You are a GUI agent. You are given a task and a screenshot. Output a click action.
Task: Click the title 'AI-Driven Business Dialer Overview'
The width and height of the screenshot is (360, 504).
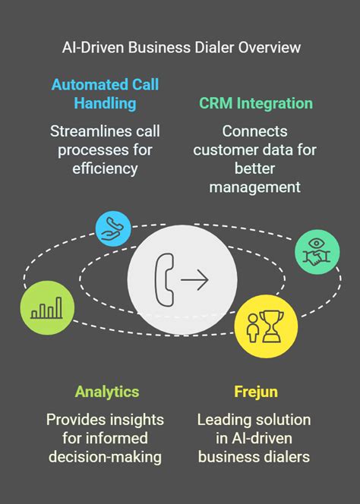182,48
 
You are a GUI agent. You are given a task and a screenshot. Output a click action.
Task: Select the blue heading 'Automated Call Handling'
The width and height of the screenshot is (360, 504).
106,94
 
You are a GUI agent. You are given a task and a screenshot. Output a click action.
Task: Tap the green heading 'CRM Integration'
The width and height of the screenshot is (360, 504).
256,103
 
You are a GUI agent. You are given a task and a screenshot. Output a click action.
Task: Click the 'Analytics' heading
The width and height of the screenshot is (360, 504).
107,392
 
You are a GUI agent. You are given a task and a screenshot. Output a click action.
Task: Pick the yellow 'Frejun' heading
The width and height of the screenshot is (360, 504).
256,392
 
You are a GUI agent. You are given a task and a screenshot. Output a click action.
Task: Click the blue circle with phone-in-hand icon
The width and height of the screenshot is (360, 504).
113,229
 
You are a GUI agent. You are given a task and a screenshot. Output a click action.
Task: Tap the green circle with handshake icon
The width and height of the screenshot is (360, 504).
317,252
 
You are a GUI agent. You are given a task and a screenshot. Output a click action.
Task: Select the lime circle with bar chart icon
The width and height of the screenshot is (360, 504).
47,308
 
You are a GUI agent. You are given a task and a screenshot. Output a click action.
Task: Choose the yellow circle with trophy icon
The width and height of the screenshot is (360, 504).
266,326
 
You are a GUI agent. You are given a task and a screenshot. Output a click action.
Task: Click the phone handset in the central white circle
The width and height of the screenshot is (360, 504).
165,279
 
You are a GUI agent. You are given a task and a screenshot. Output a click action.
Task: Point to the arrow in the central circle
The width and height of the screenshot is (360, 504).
194,280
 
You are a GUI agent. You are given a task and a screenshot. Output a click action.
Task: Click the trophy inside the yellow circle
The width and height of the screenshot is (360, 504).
272,326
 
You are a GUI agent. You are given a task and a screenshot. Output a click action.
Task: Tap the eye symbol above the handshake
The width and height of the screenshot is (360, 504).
317,243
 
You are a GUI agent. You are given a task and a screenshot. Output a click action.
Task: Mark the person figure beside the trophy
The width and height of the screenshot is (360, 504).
253,328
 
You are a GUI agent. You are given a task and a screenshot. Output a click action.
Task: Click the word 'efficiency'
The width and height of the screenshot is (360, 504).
106,169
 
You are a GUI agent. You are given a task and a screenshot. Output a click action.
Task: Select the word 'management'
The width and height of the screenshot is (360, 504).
254,187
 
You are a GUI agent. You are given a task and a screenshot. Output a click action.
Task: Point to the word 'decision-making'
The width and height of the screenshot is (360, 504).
106,457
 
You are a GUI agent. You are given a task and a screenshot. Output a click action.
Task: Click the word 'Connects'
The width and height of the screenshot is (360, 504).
254,131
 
